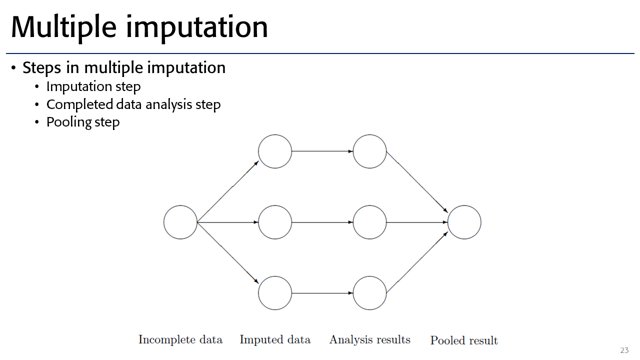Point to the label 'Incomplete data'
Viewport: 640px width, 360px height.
(x=180, y=339)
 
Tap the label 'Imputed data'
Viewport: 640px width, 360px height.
(x=275, y=339)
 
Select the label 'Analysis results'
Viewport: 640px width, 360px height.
(x=369, y=339)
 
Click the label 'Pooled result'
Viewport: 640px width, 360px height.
(x=464, y=340)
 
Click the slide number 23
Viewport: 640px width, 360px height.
(x=624, y=350)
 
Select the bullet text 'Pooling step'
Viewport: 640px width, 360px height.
(x=83, y=122)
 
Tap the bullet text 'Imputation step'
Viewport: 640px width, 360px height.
(x=93, y=86)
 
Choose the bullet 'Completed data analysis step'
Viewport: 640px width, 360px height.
(x=133, y=104)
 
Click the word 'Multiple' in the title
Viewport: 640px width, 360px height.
(x=63, y=27)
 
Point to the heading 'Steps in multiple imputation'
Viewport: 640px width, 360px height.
(x=124, y=68)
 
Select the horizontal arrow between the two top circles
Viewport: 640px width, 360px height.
(x=322, y=151)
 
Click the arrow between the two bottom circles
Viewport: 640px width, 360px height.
(x=322, y=293)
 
